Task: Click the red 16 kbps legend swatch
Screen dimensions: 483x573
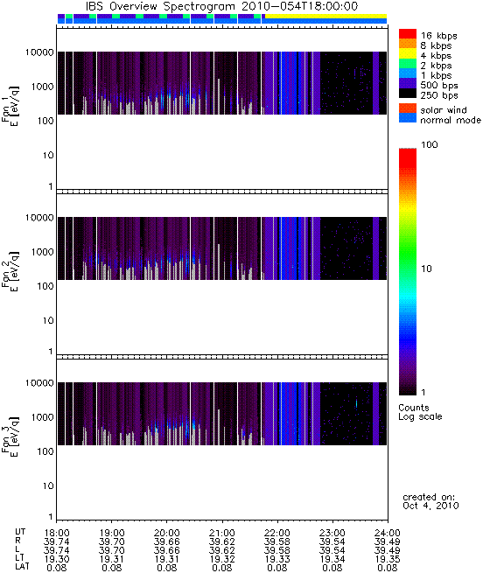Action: point(408,33)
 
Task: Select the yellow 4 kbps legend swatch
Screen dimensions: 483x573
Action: point(408,53)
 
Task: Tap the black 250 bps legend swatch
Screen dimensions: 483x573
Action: point(408,94)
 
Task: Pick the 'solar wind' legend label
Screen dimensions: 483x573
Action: point(444,110)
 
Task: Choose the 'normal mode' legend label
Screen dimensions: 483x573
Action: point(451,120)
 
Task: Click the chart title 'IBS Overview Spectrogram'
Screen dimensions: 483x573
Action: point(160,6)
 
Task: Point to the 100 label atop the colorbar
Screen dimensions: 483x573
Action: point(430,144)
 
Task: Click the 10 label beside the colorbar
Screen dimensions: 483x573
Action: point(426,269)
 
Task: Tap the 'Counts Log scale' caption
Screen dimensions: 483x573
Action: point(420,412)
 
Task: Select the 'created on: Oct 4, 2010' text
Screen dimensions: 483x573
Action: point(430,501)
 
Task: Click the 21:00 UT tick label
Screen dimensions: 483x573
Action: point(222,533)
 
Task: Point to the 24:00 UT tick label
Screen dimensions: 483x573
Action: point(388,533)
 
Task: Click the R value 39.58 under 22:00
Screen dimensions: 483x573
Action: point(277,542)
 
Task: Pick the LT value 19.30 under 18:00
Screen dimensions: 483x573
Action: point(57,559)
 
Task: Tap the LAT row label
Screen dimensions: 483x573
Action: point(22,568)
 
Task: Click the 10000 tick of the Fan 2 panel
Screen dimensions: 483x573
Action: point(39,218)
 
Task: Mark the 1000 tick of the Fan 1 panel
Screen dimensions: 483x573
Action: point(42,87)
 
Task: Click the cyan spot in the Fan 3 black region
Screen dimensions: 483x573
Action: point(356,403)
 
